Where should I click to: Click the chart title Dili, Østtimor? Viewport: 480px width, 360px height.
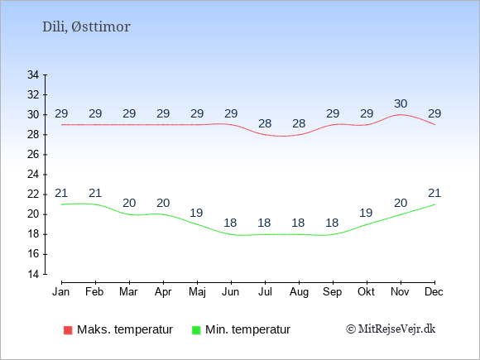86,27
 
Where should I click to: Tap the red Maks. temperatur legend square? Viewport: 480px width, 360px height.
68,330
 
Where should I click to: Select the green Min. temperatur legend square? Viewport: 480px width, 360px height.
196,330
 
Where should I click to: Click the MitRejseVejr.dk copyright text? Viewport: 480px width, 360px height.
391,329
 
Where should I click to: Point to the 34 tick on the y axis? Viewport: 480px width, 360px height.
33,74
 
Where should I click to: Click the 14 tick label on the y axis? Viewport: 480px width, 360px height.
33,274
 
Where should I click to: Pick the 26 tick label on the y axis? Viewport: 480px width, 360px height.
33,155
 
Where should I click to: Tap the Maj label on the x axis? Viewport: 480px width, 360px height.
197,292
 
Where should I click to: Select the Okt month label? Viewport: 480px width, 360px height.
366,292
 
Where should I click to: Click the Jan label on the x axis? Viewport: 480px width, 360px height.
61,292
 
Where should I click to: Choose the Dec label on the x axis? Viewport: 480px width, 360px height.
434,292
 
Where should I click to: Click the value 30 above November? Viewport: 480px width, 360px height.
401,103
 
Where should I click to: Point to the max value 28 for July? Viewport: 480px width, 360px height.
265,123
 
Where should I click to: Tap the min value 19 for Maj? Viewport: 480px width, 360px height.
196,213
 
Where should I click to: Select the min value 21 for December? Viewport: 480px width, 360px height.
434,193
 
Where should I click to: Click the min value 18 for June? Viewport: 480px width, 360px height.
230,223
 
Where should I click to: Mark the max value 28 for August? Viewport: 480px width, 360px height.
299,123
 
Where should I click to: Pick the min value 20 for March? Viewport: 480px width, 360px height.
129,203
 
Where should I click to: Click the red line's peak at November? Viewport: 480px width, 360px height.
401,115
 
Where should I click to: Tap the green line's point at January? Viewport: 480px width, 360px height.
61,204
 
